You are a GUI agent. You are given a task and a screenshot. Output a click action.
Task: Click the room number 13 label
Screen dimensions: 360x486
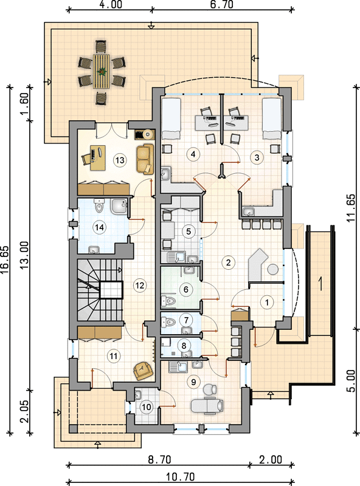(120, 160)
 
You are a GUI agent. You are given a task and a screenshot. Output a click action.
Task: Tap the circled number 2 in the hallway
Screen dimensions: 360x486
(229, 262)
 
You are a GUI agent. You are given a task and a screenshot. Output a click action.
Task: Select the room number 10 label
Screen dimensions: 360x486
(146, 406)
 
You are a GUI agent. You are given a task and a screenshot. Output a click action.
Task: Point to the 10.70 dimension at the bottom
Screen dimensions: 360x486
(180, 476)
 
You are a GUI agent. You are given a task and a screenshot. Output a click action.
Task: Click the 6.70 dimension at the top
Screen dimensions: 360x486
(221, 5)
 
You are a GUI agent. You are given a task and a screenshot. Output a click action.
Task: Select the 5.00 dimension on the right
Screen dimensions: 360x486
(350, 380)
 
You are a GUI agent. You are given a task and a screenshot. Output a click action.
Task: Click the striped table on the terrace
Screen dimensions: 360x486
(101, 72)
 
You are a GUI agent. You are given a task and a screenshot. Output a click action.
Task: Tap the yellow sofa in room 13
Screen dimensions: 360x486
(145, 159)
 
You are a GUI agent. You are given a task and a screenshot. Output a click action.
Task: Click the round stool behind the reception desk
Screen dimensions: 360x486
(273, 269)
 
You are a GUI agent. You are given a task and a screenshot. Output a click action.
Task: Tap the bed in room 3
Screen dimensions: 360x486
(272, 118)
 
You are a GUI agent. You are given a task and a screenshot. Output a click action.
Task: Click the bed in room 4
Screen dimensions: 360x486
(171, 118)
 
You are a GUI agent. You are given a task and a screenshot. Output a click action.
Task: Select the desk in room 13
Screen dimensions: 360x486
(94, 158)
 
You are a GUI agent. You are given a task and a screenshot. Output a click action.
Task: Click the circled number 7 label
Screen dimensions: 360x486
(186, 320)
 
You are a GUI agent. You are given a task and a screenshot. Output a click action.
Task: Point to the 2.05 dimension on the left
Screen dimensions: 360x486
(24, 411)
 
